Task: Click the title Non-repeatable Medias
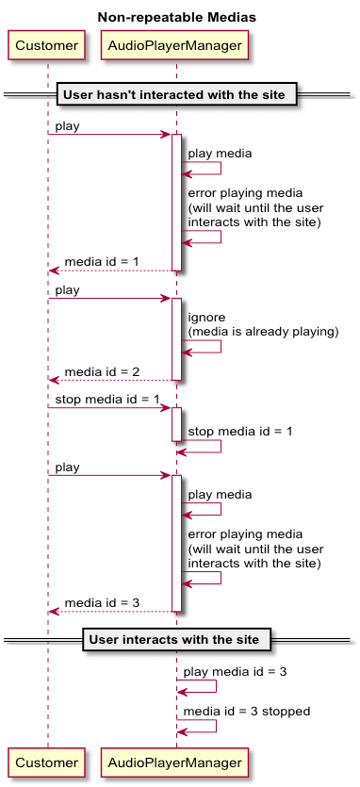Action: click(x=176, y=17)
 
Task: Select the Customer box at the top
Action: click(x=47, y=45)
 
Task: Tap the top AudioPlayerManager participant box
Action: click(x=175, y=45)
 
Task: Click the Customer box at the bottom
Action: click(x=47, y=761)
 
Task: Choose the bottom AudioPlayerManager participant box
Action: click(x=175, y=761)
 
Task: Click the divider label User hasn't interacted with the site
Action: click(x=178, y=94)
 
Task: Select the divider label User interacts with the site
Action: click(x=178, y=639)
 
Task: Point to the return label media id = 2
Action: click(x=102, y=372)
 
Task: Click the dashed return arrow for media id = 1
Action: click(x=110, y=271)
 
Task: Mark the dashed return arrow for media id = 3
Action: click(x=110, y=612)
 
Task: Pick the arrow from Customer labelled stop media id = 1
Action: click(x=108, y=408)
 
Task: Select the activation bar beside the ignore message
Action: click(x=176, y=339)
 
